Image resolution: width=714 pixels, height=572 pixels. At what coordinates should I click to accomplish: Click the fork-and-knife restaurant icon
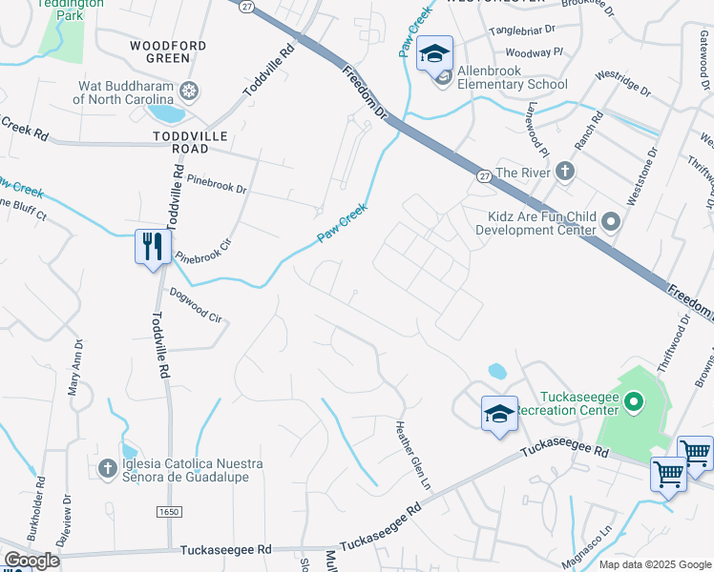pyautogui.click(x=153, y=248)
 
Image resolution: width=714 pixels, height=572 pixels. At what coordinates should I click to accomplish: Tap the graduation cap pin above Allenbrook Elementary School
pyautogui.click(x=434, y=53)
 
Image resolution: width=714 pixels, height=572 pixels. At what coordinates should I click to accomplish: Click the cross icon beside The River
pyautogui.click(x=564, y=172)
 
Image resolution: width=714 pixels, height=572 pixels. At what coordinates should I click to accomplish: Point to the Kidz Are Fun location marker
pyautogui.click(x=611, y=223)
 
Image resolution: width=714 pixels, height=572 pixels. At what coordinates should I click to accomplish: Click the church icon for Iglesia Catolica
pyautogui.click(x=108, y=468)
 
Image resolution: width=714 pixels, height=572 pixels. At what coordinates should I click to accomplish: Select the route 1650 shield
pyautogui.click(x=168, y=513)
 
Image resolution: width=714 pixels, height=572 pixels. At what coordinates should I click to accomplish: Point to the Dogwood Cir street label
pyautogui.click(x=195, y=305)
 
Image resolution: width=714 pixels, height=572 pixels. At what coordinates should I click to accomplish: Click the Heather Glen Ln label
pyautogui.click(x=408, y=459)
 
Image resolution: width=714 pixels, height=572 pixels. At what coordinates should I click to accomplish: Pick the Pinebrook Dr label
pyautogui.click(x=217, y=182)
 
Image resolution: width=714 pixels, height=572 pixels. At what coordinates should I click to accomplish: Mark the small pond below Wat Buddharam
pyautogui.click(x=168, y=113)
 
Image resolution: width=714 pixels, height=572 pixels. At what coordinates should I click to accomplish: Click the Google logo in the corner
pyautogui.click(x=31, y=561)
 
